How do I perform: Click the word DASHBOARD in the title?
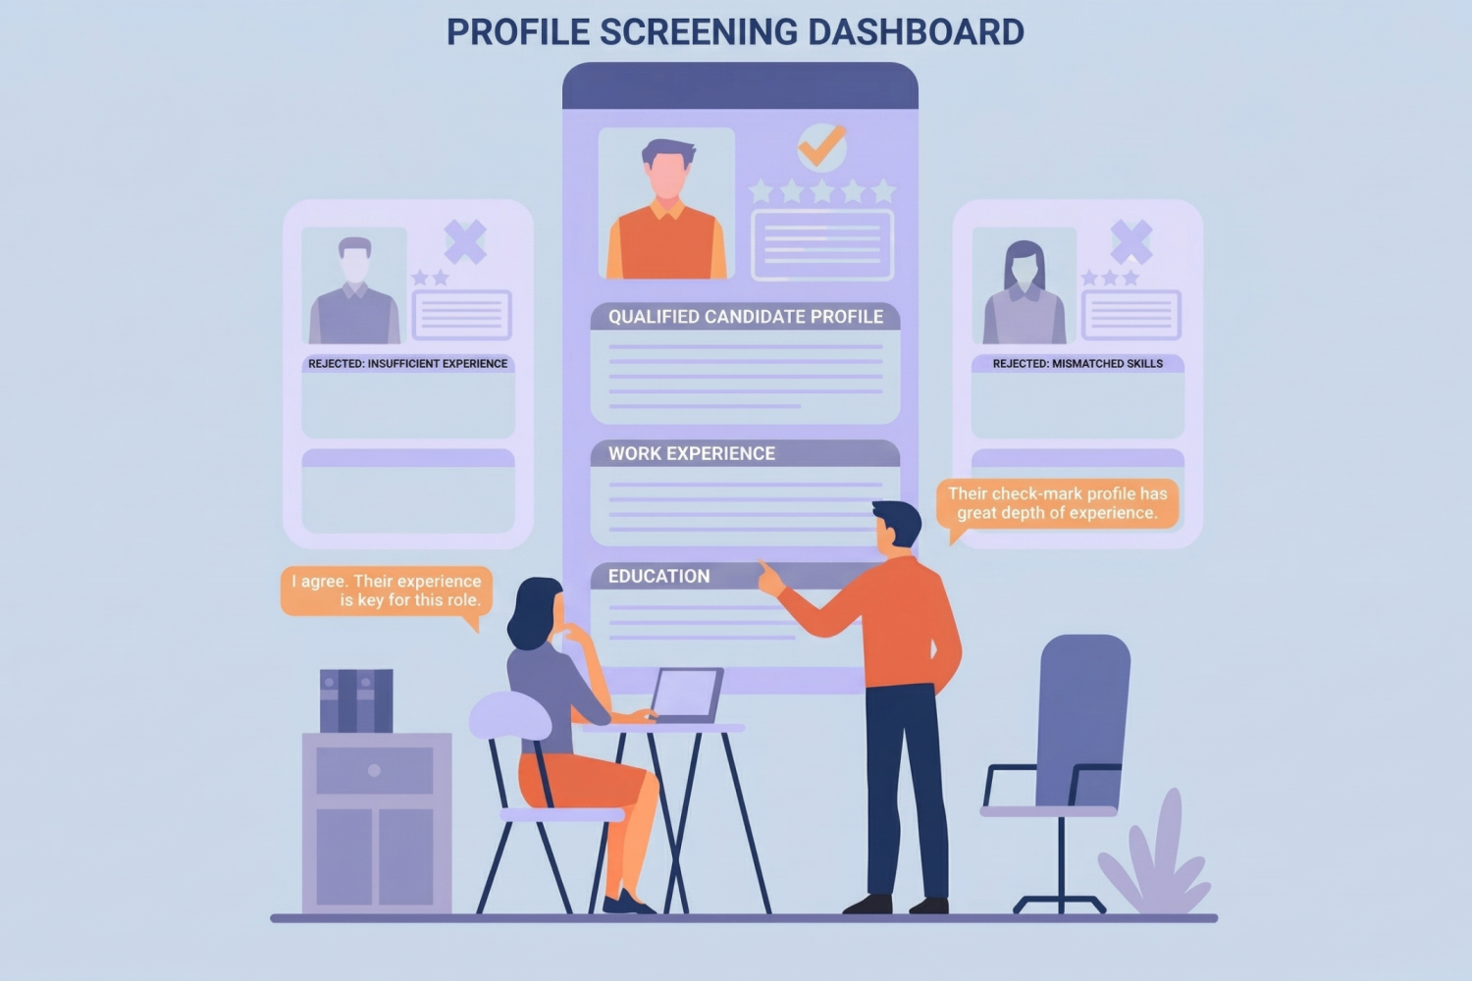point(916,32)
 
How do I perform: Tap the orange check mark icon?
point(821,147)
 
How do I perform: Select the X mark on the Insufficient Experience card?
point(465,240)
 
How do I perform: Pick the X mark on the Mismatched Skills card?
point(1130,240)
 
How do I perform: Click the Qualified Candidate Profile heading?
point(745,317)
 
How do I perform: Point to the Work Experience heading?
point(692,453)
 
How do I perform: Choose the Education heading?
point(658,576)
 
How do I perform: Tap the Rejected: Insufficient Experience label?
point(407,363)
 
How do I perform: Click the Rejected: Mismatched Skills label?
point(1078,363)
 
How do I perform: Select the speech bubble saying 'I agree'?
point(386,591)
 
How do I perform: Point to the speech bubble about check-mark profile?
point(1057,503)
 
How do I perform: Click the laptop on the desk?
point(686,695)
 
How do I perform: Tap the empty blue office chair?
point(1079,726)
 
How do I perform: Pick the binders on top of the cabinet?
point(356,700)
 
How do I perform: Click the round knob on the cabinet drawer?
point(374,770)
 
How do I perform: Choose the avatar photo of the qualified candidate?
point(666,204)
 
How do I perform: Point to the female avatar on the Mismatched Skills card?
point(1024,289)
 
